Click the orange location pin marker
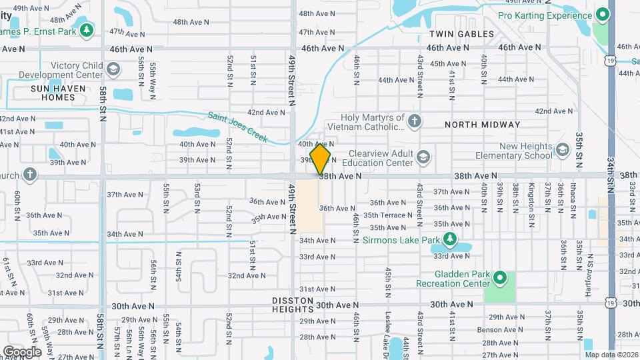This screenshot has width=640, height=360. pos(321,159)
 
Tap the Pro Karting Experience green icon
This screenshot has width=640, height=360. pos(603,15)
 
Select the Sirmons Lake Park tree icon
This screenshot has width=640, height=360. pos(451,239)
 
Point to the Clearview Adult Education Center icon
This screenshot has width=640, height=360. pos(422,157)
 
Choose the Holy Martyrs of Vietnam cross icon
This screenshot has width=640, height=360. pos(415,121)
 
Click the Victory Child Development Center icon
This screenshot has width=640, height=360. pos(113,69)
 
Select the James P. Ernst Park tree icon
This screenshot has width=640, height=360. pos(86,30)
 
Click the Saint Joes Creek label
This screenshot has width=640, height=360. pos(237,127)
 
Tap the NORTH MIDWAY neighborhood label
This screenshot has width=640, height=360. pos(482,125)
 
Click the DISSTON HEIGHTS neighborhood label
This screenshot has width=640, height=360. pos(293,305)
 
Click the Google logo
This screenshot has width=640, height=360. pos(22,351)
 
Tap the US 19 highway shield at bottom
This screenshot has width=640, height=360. pos(611,303)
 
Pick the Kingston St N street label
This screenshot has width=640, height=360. pos(531,198)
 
